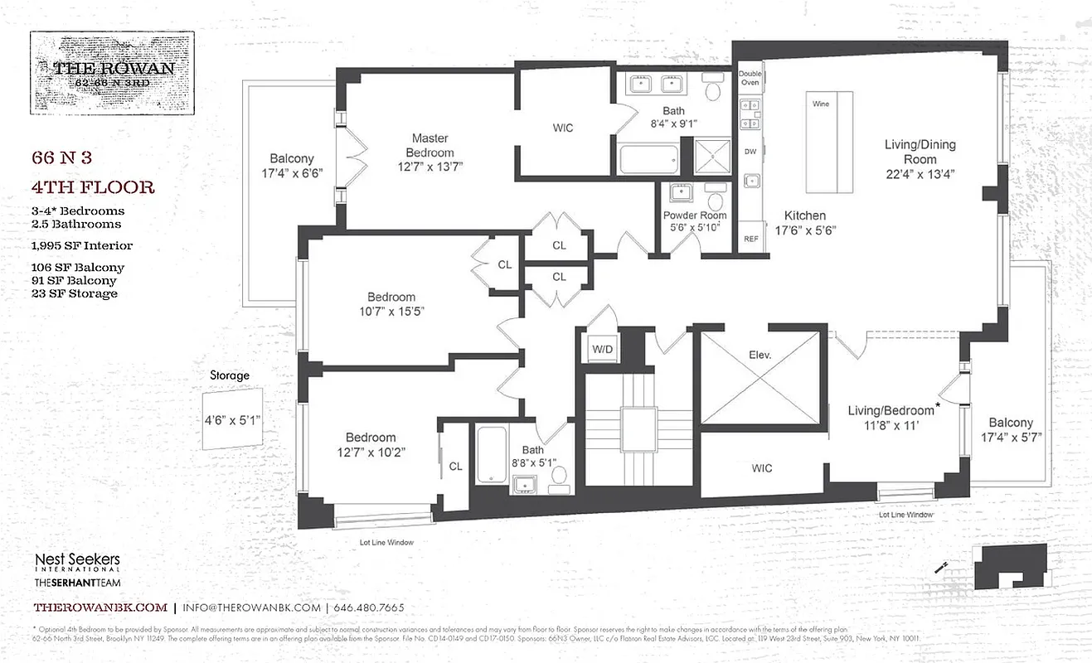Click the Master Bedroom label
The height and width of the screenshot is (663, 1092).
[x=430, y=145]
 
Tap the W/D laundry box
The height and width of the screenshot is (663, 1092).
[x=601, y=349]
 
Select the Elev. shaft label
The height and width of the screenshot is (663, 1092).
[x=760, y=354]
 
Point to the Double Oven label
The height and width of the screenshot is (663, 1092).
[x=750, y=77]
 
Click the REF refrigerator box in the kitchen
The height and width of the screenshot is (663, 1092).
[x=750, y=238]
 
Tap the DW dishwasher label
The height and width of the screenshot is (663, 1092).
[x=750, y=151]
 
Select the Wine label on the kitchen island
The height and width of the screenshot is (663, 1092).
[x=820, y=104]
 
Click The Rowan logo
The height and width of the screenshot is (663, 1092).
[x=113, y=72]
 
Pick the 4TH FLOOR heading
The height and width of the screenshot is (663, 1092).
[x=93, y=187]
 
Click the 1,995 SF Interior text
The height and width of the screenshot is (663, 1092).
[x=82, y=245]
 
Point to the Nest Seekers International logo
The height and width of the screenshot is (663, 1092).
[x=77, y=564]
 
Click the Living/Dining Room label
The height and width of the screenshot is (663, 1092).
[x=920, y=152]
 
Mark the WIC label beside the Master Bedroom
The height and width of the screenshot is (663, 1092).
[x=563, y=128]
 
